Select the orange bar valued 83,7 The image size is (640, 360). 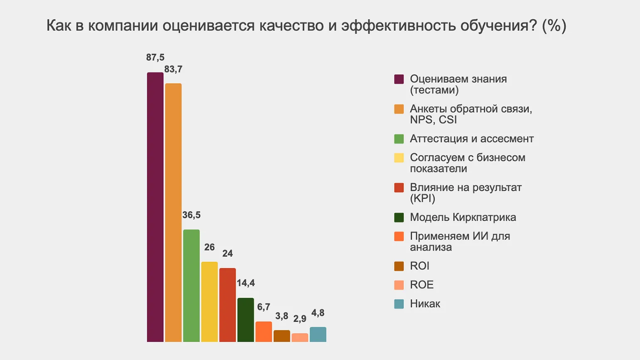173,212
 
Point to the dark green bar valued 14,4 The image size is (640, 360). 246,320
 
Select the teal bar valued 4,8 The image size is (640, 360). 318,334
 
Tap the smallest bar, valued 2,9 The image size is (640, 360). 300,338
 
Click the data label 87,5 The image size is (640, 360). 155,57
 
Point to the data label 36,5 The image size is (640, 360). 191,215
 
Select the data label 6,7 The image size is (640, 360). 263,307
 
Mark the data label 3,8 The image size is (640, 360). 282,316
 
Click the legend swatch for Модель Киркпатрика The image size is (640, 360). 399,217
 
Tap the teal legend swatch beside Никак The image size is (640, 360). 399,304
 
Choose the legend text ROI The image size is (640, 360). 419,266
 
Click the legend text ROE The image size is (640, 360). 421,285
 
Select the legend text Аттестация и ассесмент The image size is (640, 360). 471,139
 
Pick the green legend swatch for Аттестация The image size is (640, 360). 399,139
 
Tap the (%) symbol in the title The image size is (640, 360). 554,26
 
